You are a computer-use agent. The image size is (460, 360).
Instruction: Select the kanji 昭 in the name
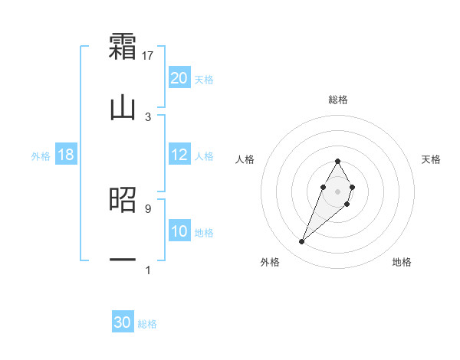coord(123,201)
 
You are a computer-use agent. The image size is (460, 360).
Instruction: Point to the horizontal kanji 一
coord(123,260)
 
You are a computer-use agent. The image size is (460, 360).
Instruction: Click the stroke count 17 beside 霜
coord(148,55)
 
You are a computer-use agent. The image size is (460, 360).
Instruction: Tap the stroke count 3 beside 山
coord(148,116)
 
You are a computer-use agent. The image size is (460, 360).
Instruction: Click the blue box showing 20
coord(179,78)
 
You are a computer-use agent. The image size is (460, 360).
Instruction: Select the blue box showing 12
coord(179,155)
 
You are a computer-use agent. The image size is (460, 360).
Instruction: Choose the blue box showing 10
coord(179,231)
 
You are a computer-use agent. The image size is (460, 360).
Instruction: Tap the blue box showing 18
coord(66,155)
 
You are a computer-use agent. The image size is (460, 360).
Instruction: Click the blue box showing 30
coord(123,322)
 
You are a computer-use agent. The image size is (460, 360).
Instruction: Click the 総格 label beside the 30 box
coord(147,324)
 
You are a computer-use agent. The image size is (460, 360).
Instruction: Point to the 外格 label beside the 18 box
coord(41,156)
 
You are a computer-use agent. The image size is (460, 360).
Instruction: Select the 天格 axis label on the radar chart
coord(431,159)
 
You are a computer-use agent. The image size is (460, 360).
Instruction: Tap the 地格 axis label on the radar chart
coord(402,262)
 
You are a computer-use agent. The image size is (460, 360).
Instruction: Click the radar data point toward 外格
coord(302,242)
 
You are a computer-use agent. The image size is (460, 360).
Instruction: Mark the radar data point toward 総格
coord(337,161)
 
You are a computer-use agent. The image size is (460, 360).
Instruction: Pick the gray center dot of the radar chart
coord(337,190)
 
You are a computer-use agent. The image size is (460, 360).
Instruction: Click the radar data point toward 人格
coord(322,186)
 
